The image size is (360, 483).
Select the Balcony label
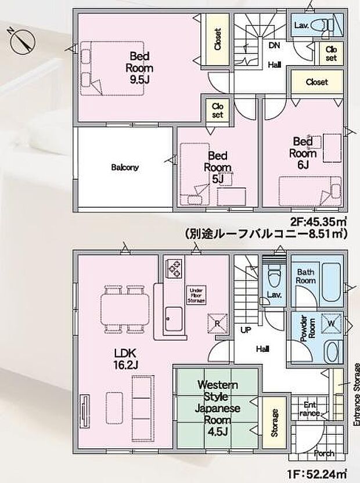click(x=124, y=168)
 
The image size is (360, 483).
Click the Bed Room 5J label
click(x=219, y=167)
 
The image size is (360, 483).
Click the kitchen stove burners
click(x=174, y=268)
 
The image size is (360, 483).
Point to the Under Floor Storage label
click(x=195, y=295)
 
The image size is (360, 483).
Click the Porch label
click(x=323, y=453)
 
